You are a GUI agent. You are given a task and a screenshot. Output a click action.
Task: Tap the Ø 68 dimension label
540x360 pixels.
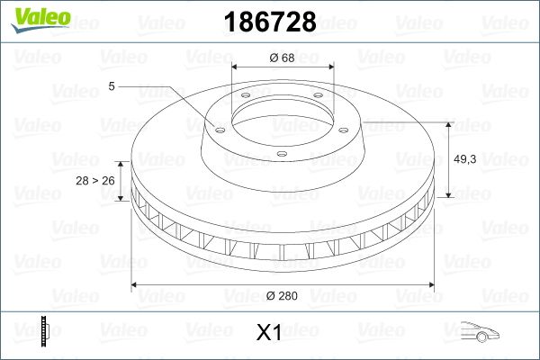[x=283, y=57]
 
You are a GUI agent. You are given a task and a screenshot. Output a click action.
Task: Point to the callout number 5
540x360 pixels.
[x=111, y=86]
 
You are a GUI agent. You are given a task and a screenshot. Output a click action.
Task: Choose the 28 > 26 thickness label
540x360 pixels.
[x=96, y=180]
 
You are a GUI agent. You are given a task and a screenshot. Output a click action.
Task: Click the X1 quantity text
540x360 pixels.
[x=269, y=333]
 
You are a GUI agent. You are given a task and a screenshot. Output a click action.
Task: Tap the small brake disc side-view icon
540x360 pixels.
[x=44, y=330]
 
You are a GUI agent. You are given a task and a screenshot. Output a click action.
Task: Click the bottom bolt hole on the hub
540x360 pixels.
[x=281, y=155]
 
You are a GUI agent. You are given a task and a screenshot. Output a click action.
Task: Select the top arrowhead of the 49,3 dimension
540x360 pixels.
[x=449, y=125]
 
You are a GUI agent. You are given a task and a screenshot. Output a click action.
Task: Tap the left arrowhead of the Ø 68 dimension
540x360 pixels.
[x=236, y=67]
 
